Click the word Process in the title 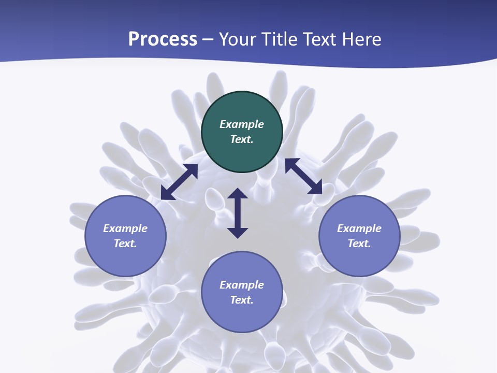[163, 39]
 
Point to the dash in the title [208, 40]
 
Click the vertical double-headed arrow [238, 213]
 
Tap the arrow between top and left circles [179, 182]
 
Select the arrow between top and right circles [303, 176]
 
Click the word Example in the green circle [242, 124]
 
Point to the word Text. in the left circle [125, 243]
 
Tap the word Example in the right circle [359, 228]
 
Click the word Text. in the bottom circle [242, 300]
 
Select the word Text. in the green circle [242, 139]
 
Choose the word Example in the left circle [125, 228]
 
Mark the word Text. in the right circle [359, 243]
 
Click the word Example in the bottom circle [242, 285]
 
